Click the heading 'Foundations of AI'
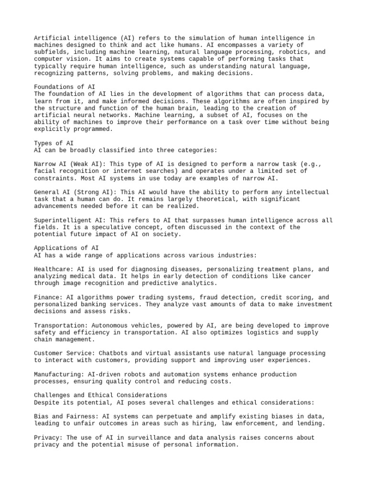(65, 86)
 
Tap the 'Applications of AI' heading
(66, 248)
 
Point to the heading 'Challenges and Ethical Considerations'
(100, 395)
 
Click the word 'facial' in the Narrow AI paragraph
(46, 171)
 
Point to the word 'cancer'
(299, 276)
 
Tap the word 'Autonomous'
(110, 325)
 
